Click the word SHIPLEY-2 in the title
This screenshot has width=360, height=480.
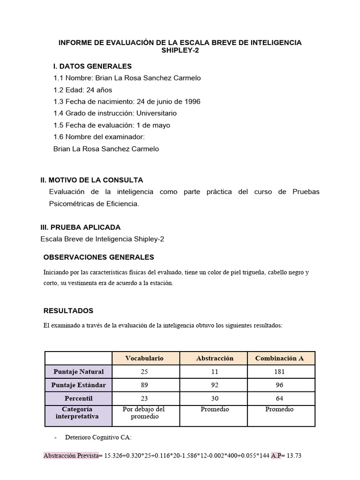click(180, 51)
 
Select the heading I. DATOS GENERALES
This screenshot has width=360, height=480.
click(93, 66)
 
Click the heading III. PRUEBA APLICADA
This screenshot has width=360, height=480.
click(81, 227)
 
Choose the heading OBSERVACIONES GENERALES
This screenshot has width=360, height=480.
click(98, 257)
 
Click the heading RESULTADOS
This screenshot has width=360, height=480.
click(68, 311)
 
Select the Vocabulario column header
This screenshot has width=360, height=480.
click(144, 358)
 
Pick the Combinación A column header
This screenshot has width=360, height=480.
click(279, 358)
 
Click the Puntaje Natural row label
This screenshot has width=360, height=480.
click(79, 372)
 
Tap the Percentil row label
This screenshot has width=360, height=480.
click(79, 398)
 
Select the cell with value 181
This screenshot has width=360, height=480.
click(279, 372)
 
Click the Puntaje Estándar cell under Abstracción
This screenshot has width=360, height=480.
click(215, 385)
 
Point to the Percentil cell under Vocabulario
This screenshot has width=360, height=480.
click(144, 398)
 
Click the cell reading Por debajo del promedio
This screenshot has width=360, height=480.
click(144, 413)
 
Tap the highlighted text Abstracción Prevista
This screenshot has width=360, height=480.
click(71, 456)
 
